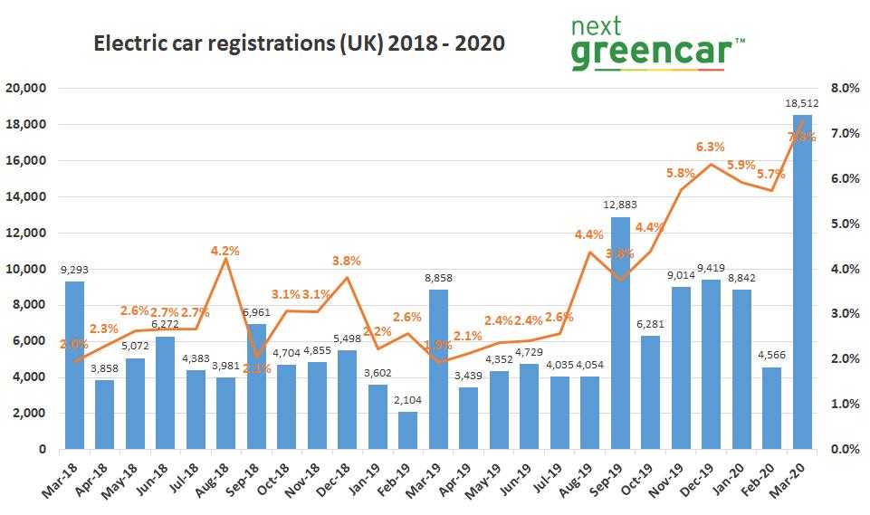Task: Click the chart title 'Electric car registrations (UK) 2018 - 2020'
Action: coord(300,43)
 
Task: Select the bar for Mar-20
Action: coord(802,281)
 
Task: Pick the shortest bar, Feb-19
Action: coord(407,430)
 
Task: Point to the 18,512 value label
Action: coord(802,104)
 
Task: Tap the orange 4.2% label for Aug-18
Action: coord(225,251)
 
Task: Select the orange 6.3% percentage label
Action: coord(711,147)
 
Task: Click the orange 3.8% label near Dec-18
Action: coord(346,261)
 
